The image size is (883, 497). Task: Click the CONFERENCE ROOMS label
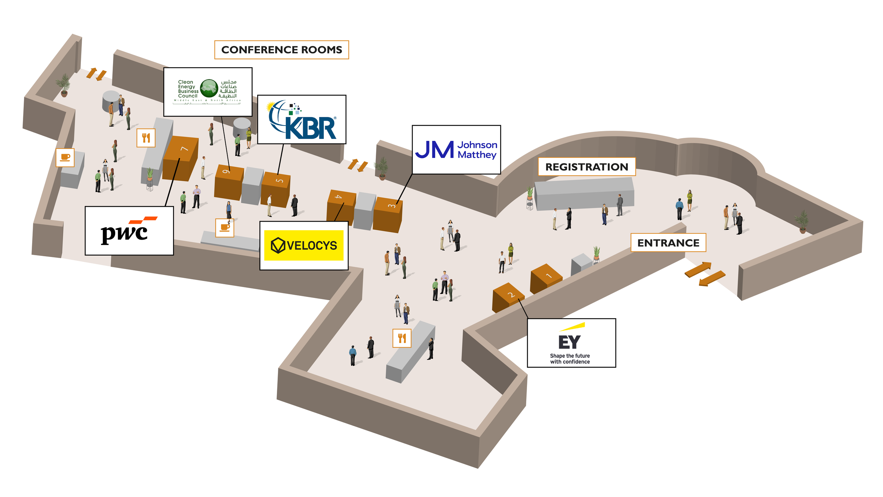pos(282,50)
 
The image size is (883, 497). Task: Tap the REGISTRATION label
pos(586,167)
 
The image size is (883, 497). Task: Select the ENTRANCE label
pos(668,243)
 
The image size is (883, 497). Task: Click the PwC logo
pos(129,231)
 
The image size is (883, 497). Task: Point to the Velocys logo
pos(304,245)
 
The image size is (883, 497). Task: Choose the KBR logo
pos(302,119)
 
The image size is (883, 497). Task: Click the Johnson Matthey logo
pos(456,150)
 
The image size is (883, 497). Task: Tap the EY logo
pos(571,343)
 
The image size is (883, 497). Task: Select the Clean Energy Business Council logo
pos(208,92)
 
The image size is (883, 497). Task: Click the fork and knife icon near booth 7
pos(146,138)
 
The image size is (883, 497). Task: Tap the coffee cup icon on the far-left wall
pos(65,158)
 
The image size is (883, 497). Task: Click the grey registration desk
pos(585,194)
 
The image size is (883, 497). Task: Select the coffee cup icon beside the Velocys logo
pos(225,228)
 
